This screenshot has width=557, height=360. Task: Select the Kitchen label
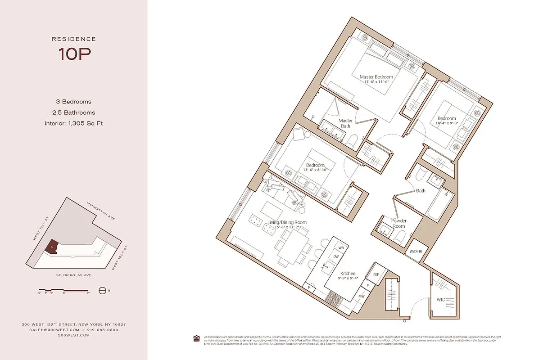coord(348,274)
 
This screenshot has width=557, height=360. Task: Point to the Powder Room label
coord(399,224)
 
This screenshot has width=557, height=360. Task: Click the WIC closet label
coord(441,299)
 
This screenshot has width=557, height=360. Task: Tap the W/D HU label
coord(416,252)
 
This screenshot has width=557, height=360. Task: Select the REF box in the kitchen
coord(375,274)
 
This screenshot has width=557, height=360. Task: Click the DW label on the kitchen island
coord(335,256)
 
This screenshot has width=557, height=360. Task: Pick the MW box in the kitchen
coord(361,296)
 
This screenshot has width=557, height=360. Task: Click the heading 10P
coord(74,54)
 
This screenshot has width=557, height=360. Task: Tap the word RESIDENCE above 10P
coord(74,39)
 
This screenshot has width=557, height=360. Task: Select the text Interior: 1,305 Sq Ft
coord(74,123)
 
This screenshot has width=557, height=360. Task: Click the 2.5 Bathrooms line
coord(74,112)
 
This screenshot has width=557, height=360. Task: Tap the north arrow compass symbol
coord(102,291)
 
